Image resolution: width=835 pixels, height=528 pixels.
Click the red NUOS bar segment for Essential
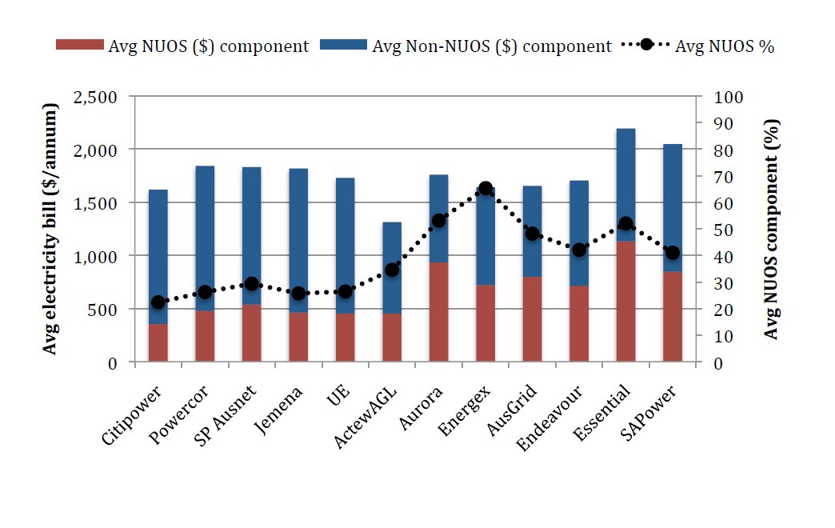tap(625, 301)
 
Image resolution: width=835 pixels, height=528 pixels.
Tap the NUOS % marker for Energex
tap(485, 189)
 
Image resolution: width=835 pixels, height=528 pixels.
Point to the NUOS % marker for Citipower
tap(158, 302)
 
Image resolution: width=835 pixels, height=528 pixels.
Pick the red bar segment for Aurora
tap(438, 312)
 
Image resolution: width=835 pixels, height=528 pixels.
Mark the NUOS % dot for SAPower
tap(673, 253)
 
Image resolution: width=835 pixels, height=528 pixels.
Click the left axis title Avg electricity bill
tap(51, 229)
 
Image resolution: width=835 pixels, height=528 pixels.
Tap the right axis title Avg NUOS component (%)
tap(771, 229)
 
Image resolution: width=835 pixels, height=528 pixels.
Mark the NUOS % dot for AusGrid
tap(533, 234)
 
